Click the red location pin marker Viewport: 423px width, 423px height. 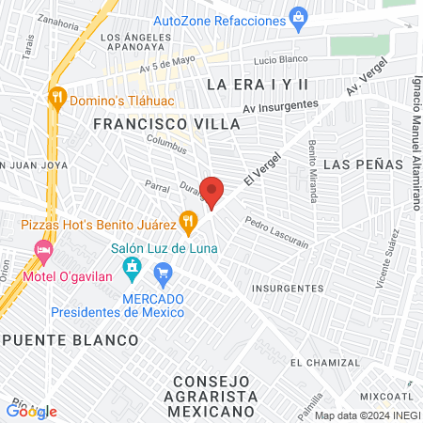pos(212,192)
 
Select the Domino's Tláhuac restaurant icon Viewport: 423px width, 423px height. pos(57,96)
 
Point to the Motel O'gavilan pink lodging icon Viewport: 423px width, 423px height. pos(41,248)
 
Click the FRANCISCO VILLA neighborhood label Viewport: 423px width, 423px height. pos(155,123)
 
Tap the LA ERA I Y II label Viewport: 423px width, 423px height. pos(258,85)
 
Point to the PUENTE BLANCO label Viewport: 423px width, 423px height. pos(70,338)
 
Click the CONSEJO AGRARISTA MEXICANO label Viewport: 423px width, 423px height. pos(211,396)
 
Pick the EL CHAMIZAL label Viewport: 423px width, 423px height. pos(324,362)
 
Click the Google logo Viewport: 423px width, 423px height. pos(31,411)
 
